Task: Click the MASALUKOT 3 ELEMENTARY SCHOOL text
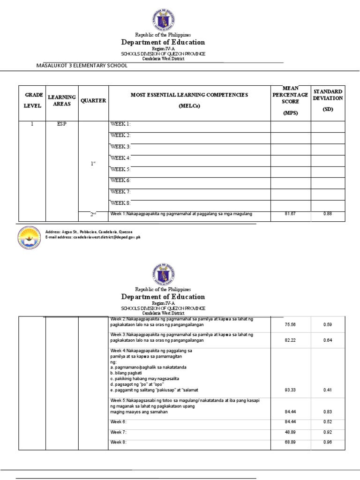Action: pyautogui.click(x=82, y=66)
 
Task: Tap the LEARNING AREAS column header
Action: pyautogui.click(x=62, y=100)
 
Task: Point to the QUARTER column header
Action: pyautogui.click(x=93, y=100)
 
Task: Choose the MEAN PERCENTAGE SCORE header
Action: pyautogui.click(x=290, y=100)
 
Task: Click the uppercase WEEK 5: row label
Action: pyautogui.click(x=120, y=169)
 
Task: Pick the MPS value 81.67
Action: pyautogui.click(x=290, y=214)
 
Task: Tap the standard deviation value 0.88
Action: pyautogui.click(x=328, y=214)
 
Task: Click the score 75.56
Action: pyautogui.click(x=290, y=324)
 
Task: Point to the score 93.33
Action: pyautogui.click(x=290, y=390)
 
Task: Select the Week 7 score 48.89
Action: pyautogui.click(x=290, y=432)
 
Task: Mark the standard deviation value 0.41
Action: pyautogui.click(x=328, y=390)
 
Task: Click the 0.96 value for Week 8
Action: pyautogui.click(x=328, y=442)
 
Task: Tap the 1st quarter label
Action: pyautogui.click(x=93, y=163)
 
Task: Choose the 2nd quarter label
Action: pyautogui.click(x=93, y=215)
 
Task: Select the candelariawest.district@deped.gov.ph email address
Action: pyautogui.click(x=93, y=238)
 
